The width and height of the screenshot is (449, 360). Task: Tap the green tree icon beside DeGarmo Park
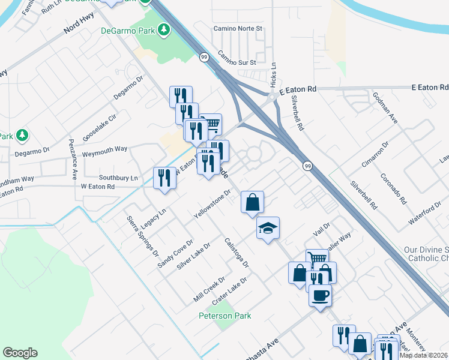(x=164, y=29)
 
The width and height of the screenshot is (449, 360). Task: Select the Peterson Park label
(x=225, y=316)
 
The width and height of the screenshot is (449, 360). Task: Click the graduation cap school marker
(x=268, y=228)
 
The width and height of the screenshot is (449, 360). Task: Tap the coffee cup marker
(x=321, y=296)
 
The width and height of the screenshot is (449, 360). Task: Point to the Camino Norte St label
(x=241, y=28)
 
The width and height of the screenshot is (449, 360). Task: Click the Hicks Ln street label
(x=273, y=73)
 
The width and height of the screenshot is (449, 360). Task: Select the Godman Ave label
(x=385, y=109)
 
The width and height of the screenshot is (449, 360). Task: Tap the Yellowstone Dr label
(x=212, y=204)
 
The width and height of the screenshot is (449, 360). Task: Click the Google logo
(x=20, y=353)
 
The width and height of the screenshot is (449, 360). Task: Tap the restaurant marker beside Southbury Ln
(x=164, y=178)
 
